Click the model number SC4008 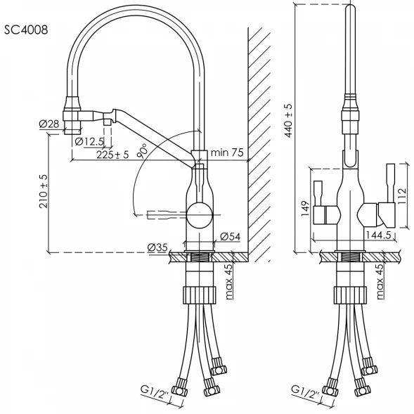coord(26,30)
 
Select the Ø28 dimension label coord(49,124)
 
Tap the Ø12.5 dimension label coord(89,142)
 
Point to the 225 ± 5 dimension coord(112,155)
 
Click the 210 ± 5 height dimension coord(44,191)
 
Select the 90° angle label coord(142,151)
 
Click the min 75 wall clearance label coord(227,153)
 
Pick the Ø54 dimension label coord(231,237)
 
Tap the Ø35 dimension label coord(157,247)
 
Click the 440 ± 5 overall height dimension coord(289,120)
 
